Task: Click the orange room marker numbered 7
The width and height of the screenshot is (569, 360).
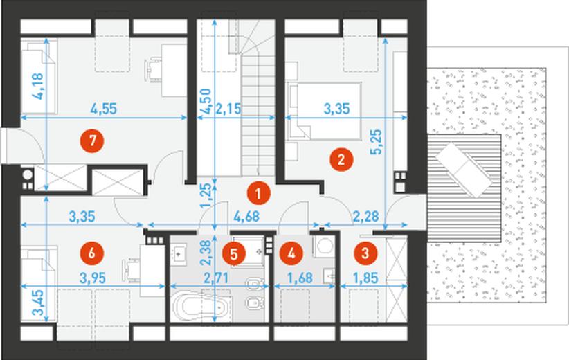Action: tap(92, 141)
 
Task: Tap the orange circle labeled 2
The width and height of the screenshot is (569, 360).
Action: tap(341, 159)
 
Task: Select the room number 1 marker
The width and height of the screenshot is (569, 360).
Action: tap(258, 193)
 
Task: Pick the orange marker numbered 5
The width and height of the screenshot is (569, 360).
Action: tap(234, 253)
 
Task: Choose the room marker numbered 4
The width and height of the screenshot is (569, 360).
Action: tap(291, 253)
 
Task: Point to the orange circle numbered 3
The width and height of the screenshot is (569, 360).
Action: tap(365, 253)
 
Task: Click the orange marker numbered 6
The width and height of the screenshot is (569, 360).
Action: tap(91, 253)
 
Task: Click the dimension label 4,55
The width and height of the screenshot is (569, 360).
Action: tap(104, 109)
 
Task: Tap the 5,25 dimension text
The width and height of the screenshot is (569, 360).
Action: tap(377, 142)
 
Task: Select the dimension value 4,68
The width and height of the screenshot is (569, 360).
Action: tap(246, 216)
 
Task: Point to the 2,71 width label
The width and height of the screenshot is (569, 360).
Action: tap(216, 278)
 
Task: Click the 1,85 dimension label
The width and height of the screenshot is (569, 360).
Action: tap(365, 278)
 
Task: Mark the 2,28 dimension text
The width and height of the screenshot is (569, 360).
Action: tap(365, 216)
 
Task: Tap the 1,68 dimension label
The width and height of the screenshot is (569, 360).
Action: tap(300, 278)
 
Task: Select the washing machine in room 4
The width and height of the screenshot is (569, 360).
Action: tap(325, 246)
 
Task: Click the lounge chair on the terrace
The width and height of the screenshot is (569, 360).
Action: tap(464, 170)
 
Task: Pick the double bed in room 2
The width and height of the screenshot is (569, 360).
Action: tap(325, 111)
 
